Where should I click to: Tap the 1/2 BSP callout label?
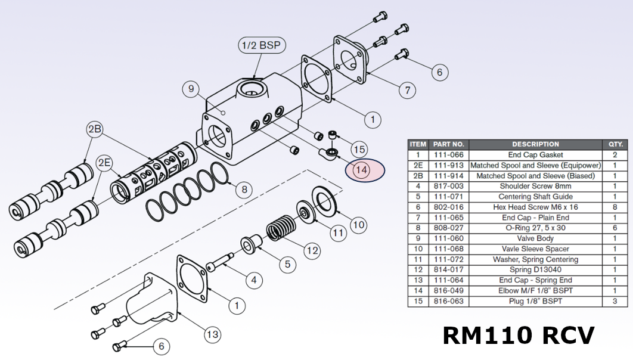coord(260,45)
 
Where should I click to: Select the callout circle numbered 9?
coord(191,90)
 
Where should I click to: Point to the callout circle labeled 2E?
coord(105,163)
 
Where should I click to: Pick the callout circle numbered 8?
coord(243,190)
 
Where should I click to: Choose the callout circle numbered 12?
coord(312,250)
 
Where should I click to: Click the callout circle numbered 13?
coord(213,334)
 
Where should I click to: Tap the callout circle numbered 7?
coord(407,91)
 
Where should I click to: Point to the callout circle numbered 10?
coord(358,225)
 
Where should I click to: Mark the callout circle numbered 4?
coord(253,279)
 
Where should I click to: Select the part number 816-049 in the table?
coord(449,291)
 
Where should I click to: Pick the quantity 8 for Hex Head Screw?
coord(615,207)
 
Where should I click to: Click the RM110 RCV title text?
coord(518,335)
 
